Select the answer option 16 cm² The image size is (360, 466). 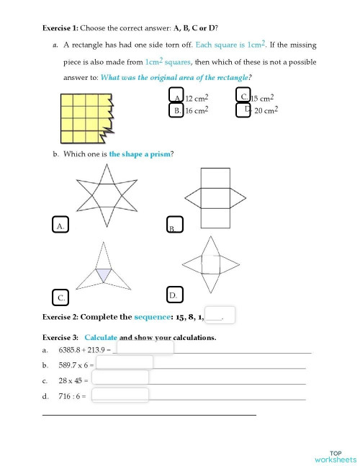(176, 110)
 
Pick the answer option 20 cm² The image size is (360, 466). (243, 109)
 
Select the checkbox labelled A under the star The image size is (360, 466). (61, 225)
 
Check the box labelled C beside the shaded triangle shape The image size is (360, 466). (62, 296)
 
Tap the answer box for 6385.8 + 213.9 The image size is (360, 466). (145, 348)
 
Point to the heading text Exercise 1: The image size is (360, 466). (60, 28)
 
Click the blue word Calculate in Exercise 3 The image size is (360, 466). (100, 337)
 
